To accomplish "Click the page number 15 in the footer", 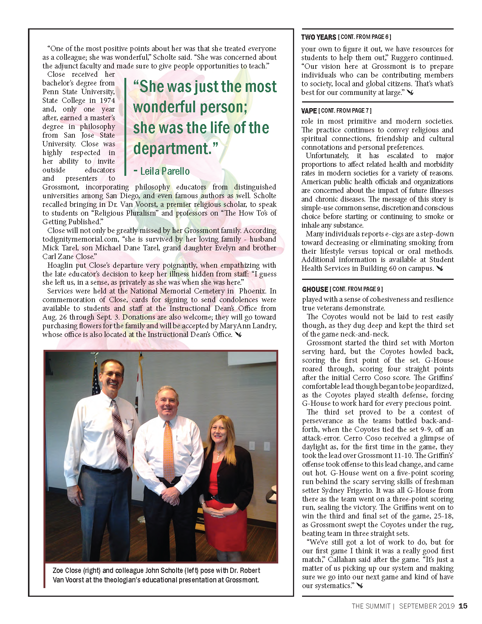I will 463,606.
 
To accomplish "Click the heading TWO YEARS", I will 318,37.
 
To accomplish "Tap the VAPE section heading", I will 309,111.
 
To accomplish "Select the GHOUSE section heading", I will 315,289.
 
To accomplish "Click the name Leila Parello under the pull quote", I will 165,171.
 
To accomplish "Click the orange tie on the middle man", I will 169,450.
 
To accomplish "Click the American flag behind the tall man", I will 96,378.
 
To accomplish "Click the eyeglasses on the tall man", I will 112,374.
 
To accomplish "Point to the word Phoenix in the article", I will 252,291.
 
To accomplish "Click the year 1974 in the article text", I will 107,100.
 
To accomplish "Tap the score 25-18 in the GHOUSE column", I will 443,516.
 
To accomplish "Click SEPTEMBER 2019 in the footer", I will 427,606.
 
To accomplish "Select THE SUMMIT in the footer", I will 370,606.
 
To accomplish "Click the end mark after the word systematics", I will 360,585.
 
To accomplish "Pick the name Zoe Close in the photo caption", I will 67,570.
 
